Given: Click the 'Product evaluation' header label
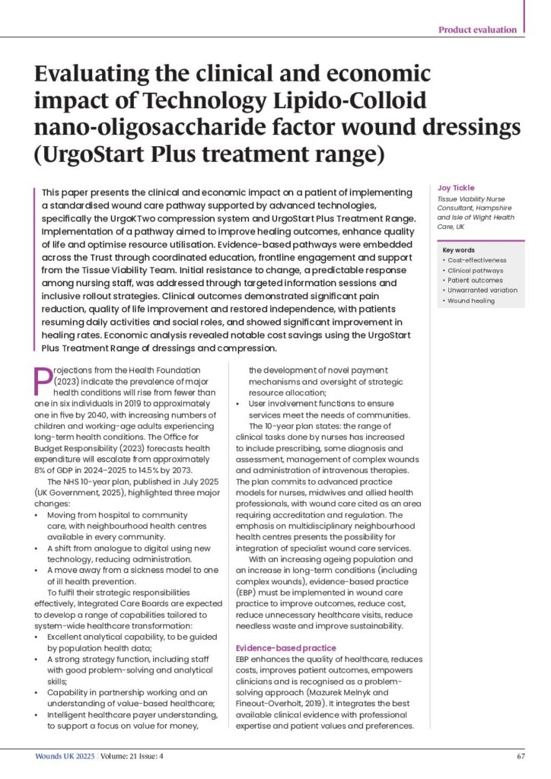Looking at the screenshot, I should pos(478,30).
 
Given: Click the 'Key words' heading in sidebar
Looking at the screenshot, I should pos(460,250).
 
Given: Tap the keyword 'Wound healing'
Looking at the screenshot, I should pos(473,300).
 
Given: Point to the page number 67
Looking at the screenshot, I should pos(521,757).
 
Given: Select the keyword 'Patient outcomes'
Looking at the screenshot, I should pos(476,280).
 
